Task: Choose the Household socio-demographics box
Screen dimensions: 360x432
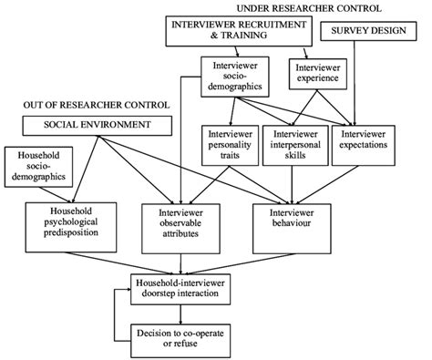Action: (x=36, y=166)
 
